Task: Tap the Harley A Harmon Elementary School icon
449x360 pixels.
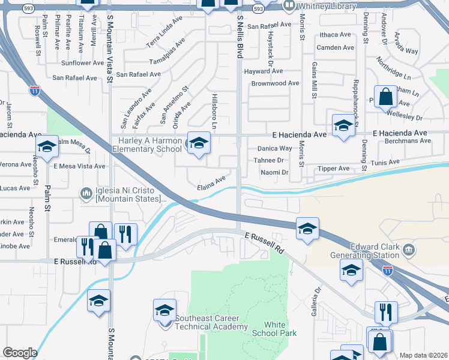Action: [x=199, y=143]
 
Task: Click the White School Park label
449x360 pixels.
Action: [x=275, y=329]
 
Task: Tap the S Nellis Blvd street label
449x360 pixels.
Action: [x=240, y=37]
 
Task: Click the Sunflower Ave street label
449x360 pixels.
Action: [x=83, y=63]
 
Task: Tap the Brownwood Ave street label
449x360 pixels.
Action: [x=275, y=83]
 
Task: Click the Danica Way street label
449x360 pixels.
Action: [x=274, y=148]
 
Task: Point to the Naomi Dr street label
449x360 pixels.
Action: [x=274, y=173]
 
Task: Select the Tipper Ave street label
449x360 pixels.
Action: [x=334, y=169]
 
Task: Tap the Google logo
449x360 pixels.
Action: [x=20, y=353]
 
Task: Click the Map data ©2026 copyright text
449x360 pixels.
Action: [x=423, y=355]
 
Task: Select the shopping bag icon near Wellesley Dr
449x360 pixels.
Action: [x=385, y=97]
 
